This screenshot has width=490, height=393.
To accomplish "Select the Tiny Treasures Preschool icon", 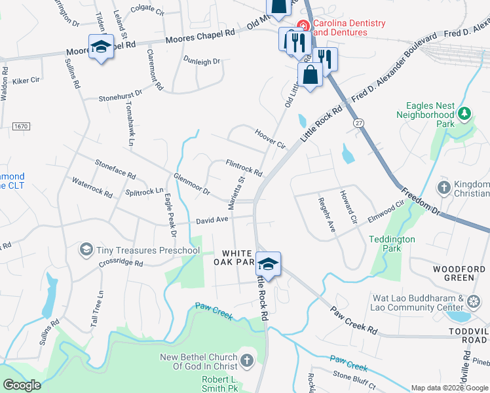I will tap(86, 250).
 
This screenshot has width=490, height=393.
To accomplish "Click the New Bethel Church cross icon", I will tap(246, 360).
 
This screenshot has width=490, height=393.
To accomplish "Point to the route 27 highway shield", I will tap(358, 123).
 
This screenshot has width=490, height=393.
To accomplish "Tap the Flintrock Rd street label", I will tap(244, 167).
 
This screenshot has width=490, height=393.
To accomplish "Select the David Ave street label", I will tap(212, 221).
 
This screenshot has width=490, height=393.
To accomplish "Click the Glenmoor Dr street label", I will tap(191, 184).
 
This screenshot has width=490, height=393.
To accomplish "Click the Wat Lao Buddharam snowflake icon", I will tap(474, 302).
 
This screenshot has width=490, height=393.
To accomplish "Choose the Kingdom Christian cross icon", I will tap(443, 188).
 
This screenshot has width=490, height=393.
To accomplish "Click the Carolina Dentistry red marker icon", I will tap(303, 26).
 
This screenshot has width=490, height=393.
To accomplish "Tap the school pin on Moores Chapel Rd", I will tap(101, 47).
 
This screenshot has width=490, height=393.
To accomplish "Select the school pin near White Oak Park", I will tap(268, 264).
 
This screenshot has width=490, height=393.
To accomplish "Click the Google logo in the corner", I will tap(22, 385).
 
